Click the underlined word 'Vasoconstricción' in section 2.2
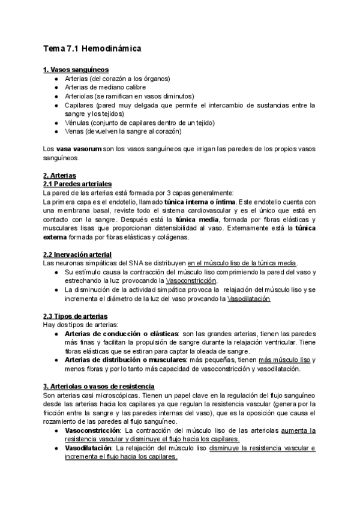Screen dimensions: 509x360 tap(191, 281)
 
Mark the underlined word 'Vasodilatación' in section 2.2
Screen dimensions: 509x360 tap(249, 299)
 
